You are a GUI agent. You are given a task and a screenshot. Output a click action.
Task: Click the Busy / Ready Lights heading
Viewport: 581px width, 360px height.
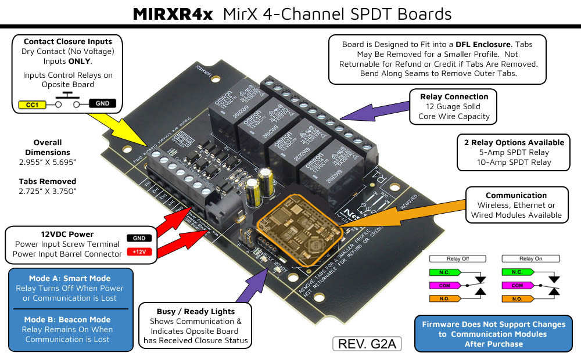coord(196,311)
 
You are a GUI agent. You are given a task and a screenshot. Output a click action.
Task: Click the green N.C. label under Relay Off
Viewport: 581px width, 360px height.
coord(443,272)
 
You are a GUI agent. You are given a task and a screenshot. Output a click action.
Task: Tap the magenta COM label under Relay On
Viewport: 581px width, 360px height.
coord(516,285)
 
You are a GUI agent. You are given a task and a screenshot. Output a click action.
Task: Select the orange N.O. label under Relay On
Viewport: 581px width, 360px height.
coord(516,298)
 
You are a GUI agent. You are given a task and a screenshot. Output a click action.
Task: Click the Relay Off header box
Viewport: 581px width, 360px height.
coord(458,258)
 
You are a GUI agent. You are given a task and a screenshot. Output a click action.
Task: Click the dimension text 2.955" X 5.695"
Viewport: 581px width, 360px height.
coord(48,161)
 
